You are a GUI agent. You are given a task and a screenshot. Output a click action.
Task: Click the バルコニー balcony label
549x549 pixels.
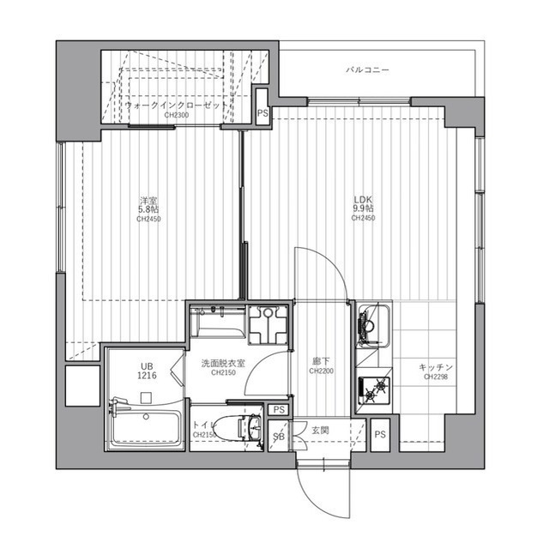point(368,68)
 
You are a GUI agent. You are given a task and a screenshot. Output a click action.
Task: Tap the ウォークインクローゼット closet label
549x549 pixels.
point(177,104)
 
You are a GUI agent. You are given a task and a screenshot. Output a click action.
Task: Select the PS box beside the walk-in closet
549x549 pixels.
point(262,112)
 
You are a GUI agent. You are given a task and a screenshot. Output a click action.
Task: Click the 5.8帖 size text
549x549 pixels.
point(148,209)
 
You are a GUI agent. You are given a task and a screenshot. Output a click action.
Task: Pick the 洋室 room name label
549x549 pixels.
point(148,200)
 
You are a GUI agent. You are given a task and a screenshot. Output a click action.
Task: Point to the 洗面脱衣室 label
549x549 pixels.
point(218,364)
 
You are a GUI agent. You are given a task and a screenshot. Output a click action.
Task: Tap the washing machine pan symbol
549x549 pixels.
point(268,325)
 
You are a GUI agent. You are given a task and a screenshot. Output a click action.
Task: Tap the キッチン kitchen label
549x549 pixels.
point(436,367)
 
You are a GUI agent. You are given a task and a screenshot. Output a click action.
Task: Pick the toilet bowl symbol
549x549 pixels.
point(232,426)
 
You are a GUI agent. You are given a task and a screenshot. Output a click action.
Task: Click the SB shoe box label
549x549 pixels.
point(277,437)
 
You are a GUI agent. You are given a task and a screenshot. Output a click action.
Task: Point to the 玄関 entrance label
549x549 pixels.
point(321,429)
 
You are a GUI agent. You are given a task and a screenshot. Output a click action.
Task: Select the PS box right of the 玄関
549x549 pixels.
point(380,435)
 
